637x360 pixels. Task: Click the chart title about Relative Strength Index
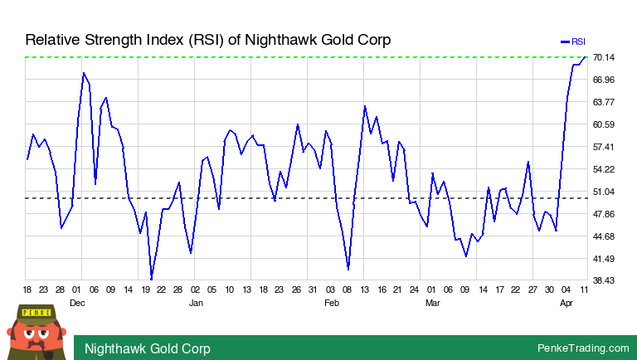[x=207, y=40]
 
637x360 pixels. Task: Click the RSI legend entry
[x=573, y=41]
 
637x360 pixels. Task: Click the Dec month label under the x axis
[x=77, y=303]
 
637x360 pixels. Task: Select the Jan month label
[x=197, y=303]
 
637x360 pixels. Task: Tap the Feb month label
[x=331, y=303]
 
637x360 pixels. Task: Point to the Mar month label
[x=432, y=303]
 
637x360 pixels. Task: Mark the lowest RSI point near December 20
[x=151, y=279]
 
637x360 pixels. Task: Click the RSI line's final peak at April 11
[x=586, y=57]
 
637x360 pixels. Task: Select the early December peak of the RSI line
[x=83, y=73]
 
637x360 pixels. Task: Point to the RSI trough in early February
[x=348, y=270]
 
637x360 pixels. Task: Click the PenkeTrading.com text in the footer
[x=583, y=348]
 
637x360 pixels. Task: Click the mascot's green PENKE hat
[x=35, y=313]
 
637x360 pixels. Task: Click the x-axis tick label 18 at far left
[x=27, y=289]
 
